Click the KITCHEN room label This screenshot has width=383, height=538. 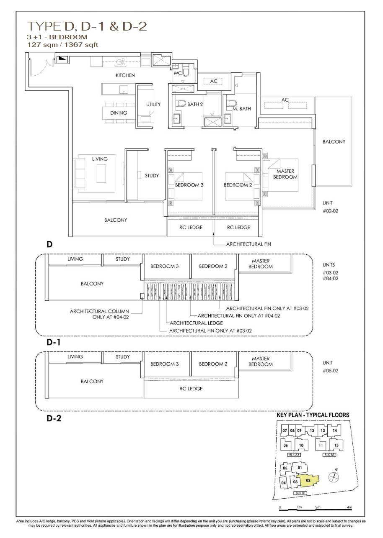(x=125, y=75)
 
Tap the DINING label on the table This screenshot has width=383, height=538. (x=119, y=113)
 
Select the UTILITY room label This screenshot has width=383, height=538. (x=153, y=105)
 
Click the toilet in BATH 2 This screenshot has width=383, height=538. (x=181, y=103)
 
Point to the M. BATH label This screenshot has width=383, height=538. (x=241, y=109)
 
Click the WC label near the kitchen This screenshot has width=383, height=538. (x=177, y=73)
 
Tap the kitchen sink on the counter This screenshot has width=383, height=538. (x=121, y=62)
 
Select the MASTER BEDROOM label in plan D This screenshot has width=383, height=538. (x=286, y=174)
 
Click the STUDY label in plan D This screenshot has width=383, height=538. (x=152, y=176)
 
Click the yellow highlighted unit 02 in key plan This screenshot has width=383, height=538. (x=308, y=481)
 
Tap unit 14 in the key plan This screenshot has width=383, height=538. (x=335, y=430)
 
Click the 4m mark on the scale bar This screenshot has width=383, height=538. (x=349, y=507)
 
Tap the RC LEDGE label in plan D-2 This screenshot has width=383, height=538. (x=191, y=389)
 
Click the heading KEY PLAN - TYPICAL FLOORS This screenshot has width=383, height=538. (x=313, y=415)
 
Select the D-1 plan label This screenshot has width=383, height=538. (x=54, y=342)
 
